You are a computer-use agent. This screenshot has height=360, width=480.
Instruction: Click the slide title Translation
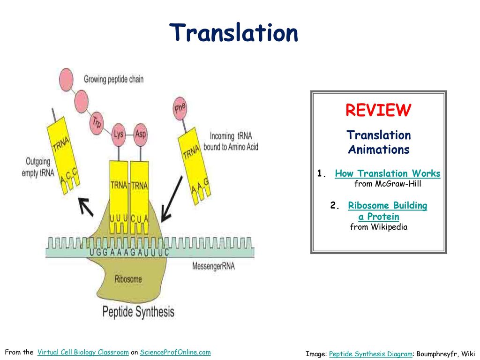tap(234, 33)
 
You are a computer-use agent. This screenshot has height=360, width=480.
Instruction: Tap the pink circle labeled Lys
tap(119, 134)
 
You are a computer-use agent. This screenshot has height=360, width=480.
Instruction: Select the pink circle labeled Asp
tap(140, 134)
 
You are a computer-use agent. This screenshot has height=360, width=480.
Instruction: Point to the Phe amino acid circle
tap(180, 108)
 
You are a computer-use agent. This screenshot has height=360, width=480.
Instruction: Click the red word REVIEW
tap(378, 110)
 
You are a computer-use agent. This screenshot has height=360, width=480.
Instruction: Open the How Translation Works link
tap(388, 174)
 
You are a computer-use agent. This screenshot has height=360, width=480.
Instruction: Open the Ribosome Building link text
tap(388, 206)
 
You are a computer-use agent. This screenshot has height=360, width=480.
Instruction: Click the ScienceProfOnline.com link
tap(175, 352)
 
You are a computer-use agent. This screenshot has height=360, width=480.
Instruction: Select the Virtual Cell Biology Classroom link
tap(82, 352)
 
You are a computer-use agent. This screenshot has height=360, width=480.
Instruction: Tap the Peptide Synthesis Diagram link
tap(370, 354)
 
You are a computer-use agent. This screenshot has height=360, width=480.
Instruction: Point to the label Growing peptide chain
tap(113, 79)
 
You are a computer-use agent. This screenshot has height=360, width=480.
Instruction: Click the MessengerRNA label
tap(213, 266)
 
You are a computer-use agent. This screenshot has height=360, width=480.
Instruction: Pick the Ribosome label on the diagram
tap(128, 279)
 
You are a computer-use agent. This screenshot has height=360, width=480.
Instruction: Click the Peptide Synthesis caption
tap(138, 311)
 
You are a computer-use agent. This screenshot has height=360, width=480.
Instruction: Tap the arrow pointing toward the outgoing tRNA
tap(85, 207)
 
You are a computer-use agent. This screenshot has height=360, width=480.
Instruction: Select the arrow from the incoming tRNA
tap(172, 199)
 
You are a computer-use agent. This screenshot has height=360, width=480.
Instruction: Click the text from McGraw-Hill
tap(388, 184)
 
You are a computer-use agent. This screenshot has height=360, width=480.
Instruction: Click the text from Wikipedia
tap(379, 227)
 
